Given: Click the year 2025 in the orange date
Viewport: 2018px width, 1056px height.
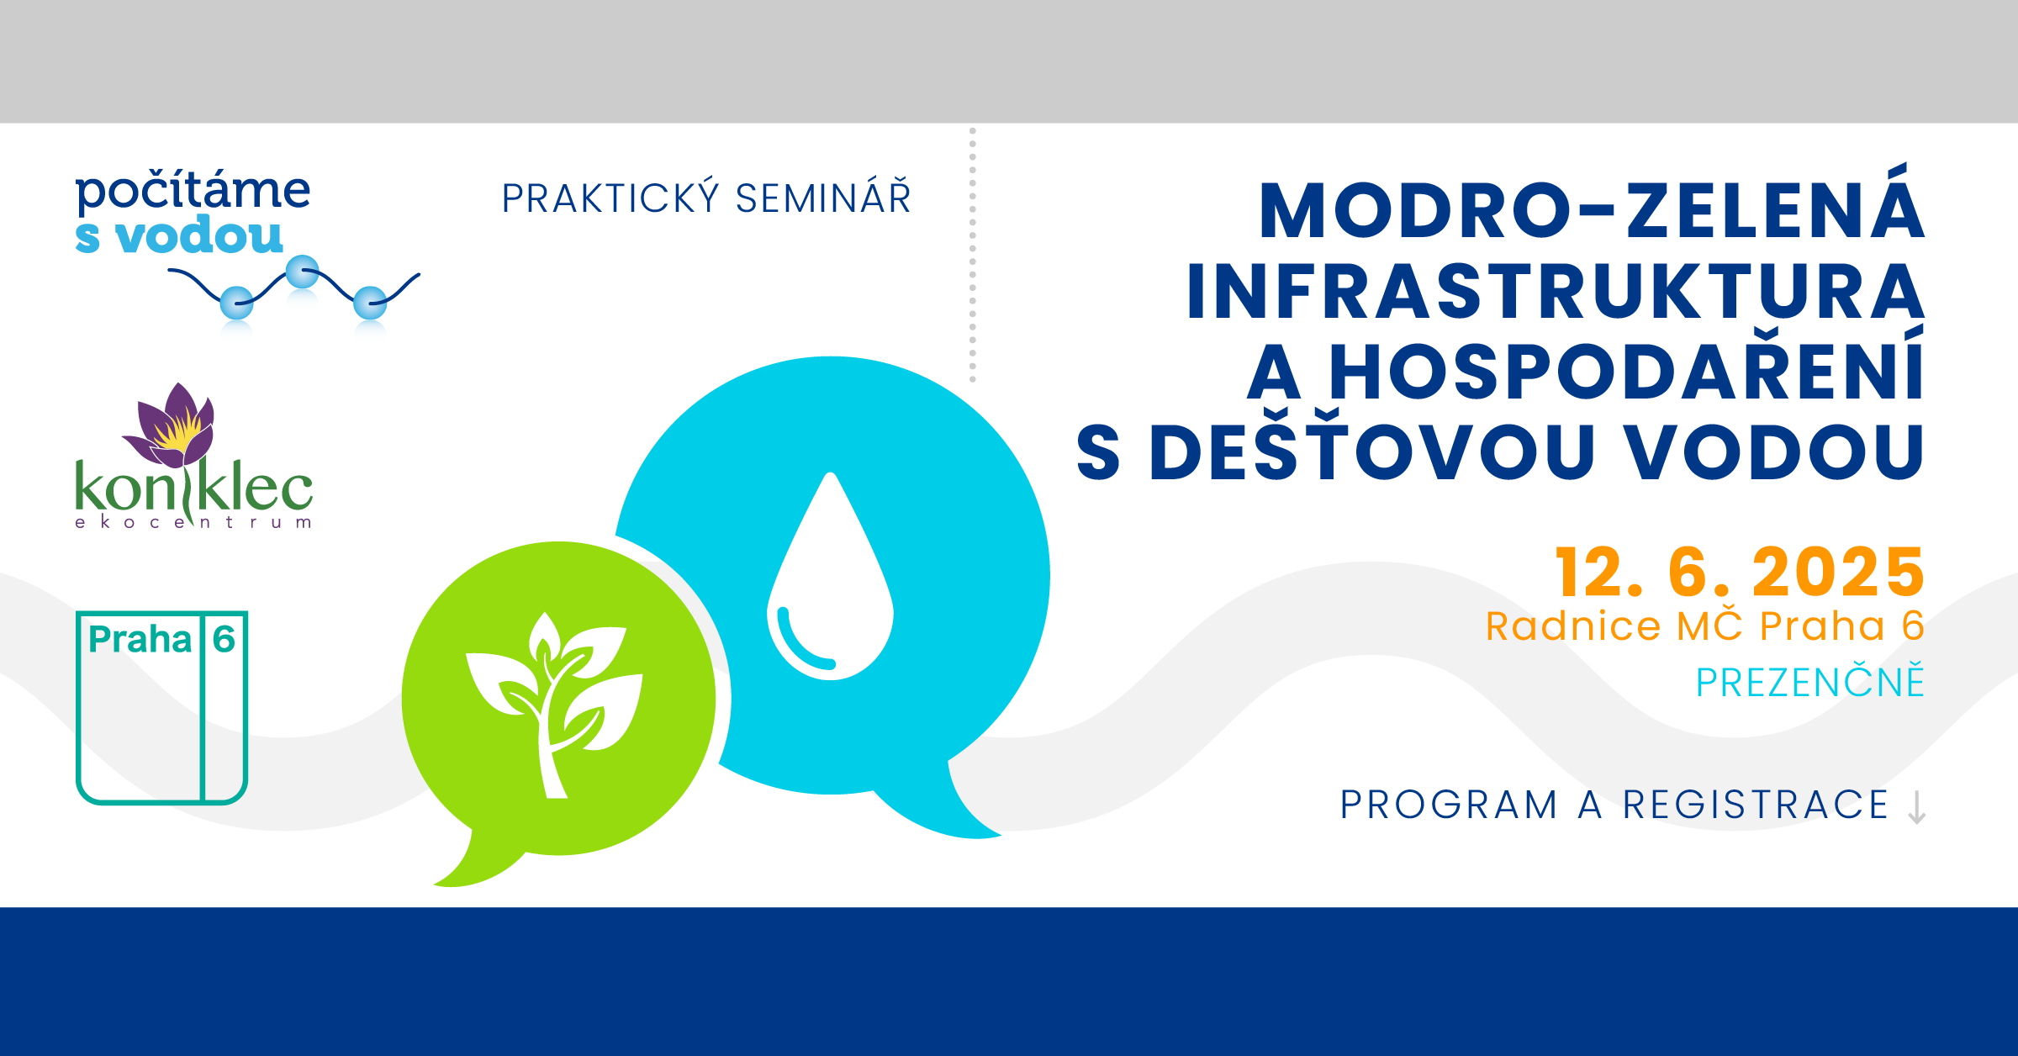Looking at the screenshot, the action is [1839, 573].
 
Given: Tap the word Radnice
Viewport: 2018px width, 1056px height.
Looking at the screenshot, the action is [1573, 626].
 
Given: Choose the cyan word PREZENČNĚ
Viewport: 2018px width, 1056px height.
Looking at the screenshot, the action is [1810, 681].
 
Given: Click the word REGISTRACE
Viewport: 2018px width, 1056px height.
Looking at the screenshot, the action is [1757, 805].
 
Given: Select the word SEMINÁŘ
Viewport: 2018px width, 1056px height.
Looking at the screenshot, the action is [823, 198].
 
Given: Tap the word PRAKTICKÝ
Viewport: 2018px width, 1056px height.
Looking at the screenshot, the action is [610, 198].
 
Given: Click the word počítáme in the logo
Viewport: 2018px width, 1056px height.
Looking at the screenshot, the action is [193, 192].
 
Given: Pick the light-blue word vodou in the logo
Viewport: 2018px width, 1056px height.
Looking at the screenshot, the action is [199, 235].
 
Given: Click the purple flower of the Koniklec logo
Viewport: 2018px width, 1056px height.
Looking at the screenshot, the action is [172, 425].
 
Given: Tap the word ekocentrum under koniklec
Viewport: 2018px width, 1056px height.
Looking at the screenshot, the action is [193, 522].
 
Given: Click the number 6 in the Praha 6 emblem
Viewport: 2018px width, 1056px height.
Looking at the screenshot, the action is [224, 639].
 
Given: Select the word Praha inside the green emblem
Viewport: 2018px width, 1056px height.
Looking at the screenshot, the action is [140, 640].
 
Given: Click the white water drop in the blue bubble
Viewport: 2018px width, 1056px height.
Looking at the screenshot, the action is [831, 576].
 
